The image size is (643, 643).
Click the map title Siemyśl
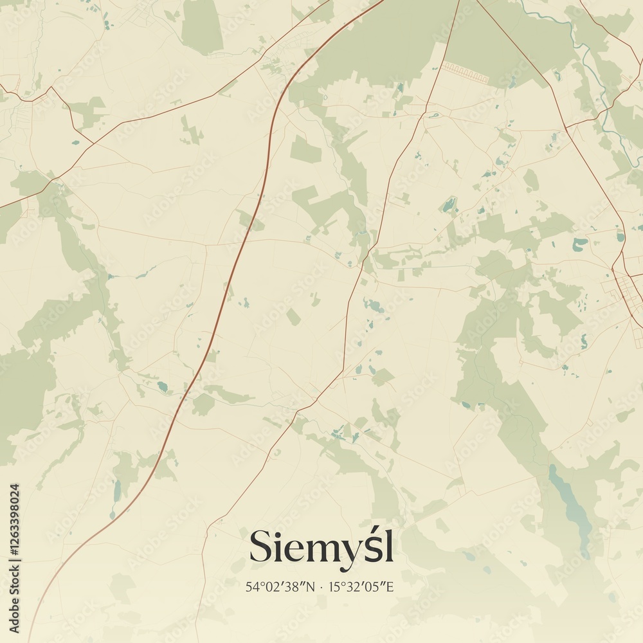tap(321, 547)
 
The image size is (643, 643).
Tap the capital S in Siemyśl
tap(260, 547)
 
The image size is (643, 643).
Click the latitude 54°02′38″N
tap(279, 586)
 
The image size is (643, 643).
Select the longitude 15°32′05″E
tap(360, 586)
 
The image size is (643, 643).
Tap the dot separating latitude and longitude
tap(321, 586)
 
